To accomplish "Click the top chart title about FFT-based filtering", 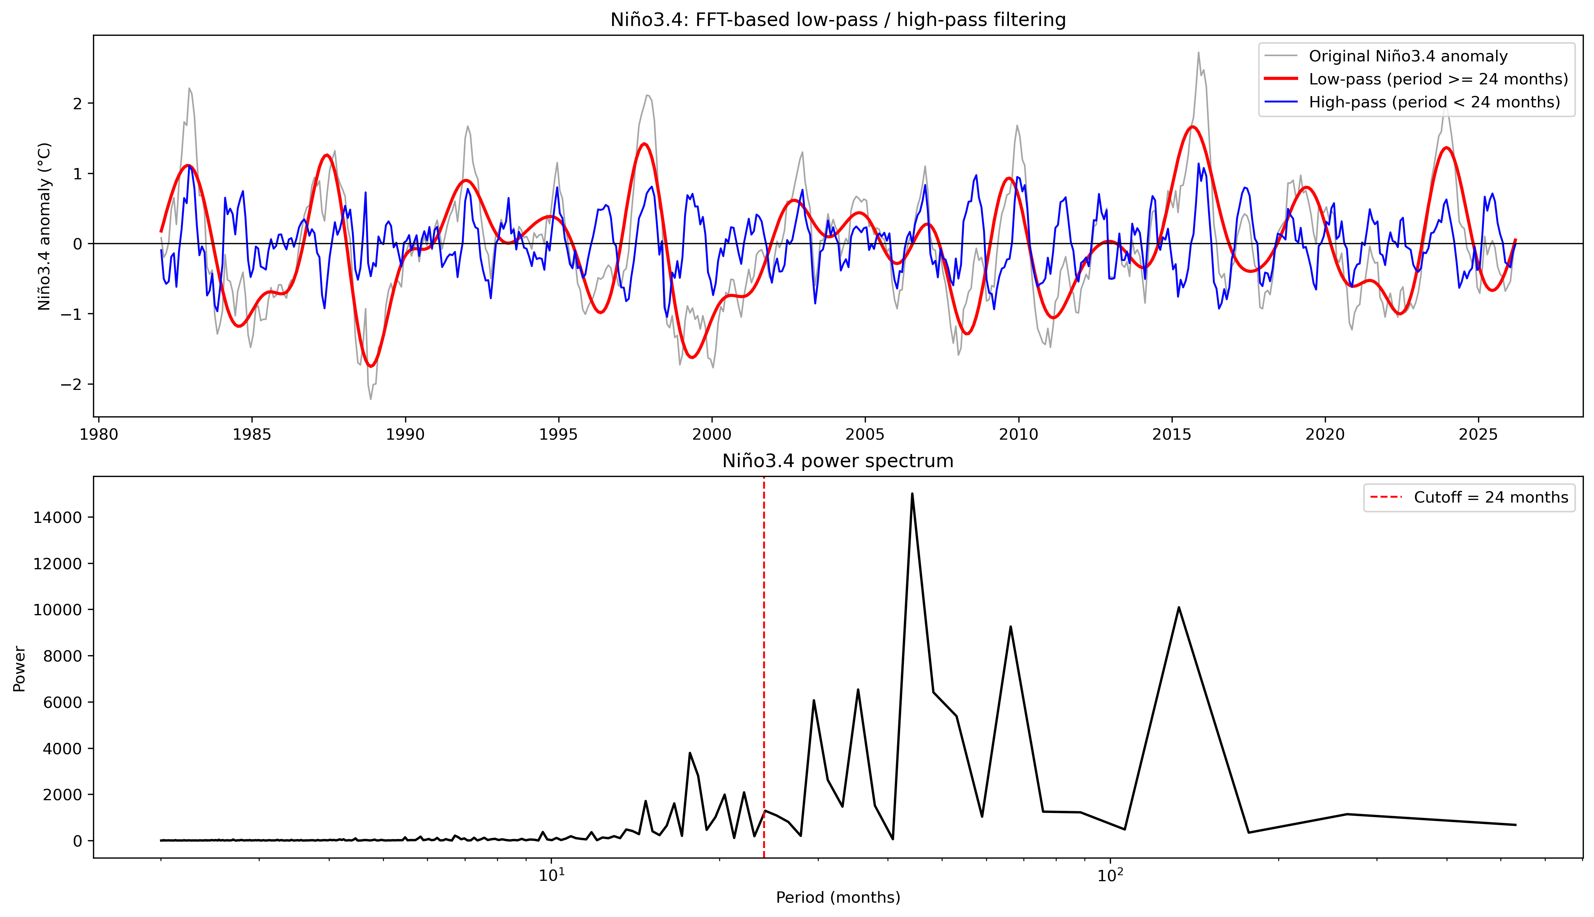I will tap(838, 20).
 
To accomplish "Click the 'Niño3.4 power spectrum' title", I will tap(838, 461).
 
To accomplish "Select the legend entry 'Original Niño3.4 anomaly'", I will tap(1408, 56).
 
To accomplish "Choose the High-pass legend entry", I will tap(1434, 102).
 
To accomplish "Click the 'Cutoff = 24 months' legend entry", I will tap(1490, 498).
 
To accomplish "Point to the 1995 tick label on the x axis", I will tap(558, 434).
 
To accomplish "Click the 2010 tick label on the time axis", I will tap(1018, 434).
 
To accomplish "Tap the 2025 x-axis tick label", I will tap(1478, 434).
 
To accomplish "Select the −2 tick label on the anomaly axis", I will tap(73, 385).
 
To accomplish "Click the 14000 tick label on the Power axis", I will tap(57, 518).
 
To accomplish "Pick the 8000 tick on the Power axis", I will tap(62, 656).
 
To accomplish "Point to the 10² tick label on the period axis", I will tap(1110, 876).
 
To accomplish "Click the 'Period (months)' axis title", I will tap(838, 897).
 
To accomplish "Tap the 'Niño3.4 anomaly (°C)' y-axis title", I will tap(44, 227).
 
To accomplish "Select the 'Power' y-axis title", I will tap(20, 669).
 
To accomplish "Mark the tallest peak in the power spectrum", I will tap(912, 494).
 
